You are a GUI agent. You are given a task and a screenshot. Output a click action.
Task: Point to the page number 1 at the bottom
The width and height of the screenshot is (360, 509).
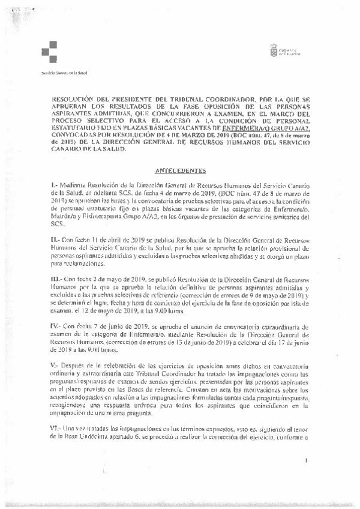pos(305,460)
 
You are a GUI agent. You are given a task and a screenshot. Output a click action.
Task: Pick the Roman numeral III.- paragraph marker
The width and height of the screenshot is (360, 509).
pos(56,280)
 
